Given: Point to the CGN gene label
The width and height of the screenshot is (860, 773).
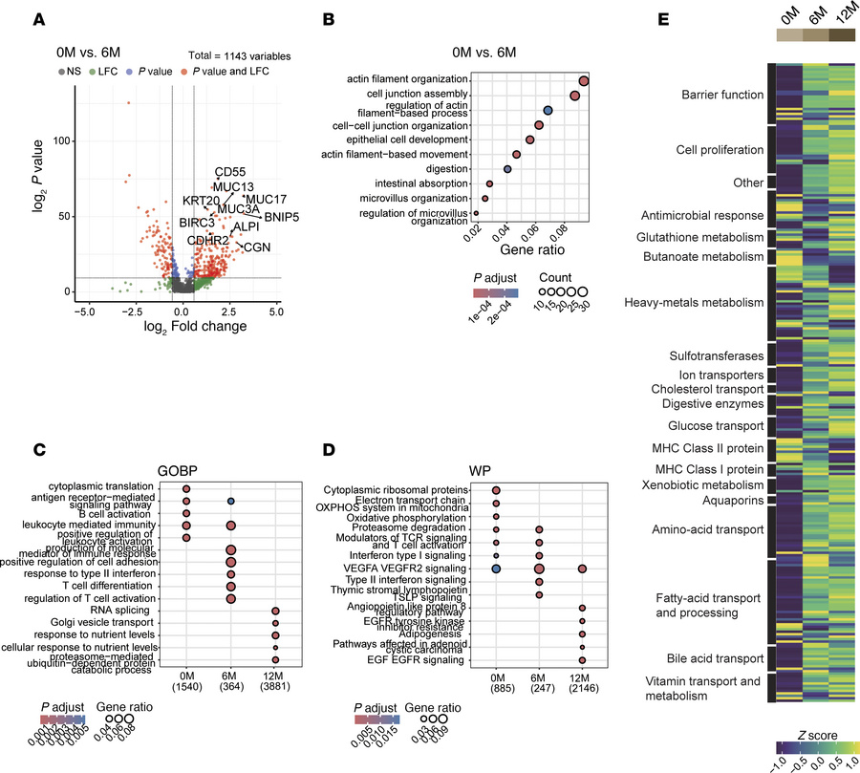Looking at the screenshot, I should click(x=257, y=247).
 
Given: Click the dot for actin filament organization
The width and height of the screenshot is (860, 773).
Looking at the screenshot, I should click(x=583, y=80).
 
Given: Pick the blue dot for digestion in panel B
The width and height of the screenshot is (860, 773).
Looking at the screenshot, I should click(x=507, y=169).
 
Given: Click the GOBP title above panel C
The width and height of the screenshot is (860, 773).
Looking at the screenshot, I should click(x=230, y=470).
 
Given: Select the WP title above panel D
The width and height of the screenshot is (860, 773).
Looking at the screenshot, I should click(x=540, y=470).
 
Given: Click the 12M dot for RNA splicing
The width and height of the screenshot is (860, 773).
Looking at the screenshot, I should click(x=275, y=610).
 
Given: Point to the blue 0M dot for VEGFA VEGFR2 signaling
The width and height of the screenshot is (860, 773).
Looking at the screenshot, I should click(x=496, y=569).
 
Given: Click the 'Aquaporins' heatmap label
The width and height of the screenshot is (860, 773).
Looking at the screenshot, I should click(x=732, y=500).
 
